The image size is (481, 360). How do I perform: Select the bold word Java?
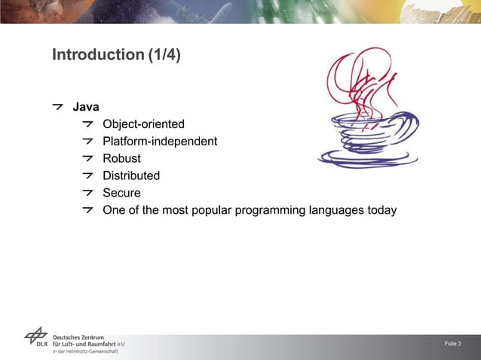(x=85, y=107)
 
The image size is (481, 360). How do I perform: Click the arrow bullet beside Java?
(x=58, y=107)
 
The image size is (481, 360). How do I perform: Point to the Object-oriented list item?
(x=143, y=124)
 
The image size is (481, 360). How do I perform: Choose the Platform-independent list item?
(x=160, y=142)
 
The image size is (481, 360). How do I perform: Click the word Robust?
(x=121, y=158)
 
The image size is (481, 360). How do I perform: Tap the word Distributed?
(x=131, y=175)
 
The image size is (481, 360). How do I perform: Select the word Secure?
(x=121, y=193)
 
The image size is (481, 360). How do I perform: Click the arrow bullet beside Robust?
(x=89, y=158)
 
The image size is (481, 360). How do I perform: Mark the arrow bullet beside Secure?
(x=89, y=193)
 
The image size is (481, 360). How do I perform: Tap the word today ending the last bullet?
(x=381, y=210)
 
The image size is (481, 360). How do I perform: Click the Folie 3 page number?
(x=453, y=344)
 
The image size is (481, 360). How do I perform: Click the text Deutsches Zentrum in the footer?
(x=79, y=337)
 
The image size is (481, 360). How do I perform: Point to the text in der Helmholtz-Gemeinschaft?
(x=85, y=352)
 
